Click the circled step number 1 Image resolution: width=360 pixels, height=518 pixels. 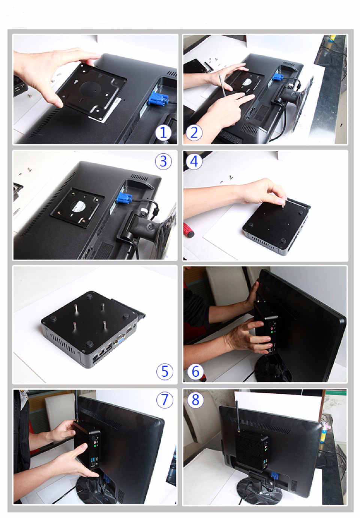pyautogui.click(x=163, y=132)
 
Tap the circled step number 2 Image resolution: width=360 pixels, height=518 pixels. pyautogui.click(x=194, y=132)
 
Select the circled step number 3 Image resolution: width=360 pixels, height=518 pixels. pyautogui.click(x=163, y=161)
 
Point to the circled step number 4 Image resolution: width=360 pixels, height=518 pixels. pyautogui.click(x=194, y=161)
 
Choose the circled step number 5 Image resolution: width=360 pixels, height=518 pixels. pyautogui.click(x=165, y=371)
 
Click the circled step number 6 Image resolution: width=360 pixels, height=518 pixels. pyautogui.click(x=195, y=371)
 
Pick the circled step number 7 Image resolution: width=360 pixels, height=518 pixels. pyautogui.click(x=165, y=399)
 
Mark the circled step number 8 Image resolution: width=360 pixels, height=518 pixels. pyautogui.click(x=195, y=399)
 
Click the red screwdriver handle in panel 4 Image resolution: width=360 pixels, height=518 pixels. pyautogui.click(x=189, y=230)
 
